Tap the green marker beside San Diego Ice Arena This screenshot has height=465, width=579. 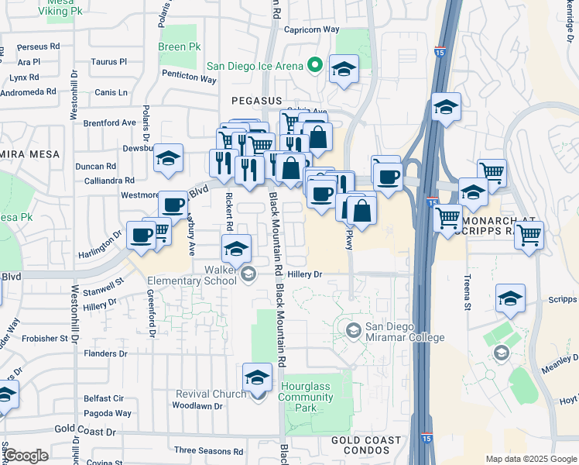coord(314,65)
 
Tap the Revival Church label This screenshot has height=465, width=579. coord(204,394)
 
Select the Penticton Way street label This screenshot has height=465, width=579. coord(189,78)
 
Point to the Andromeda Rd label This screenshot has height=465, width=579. coord(28,91)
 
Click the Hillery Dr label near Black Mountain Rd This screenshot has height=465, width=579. coord(304,274)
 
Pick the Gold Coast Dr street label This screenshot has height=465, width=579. coord(84,430)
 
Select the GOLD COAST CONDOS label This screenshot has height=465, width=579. coord(366,445)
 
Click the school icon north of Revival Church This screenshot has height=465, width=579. coord(258,377)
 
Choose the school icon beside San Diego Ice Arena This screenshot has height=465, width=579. coord(344,70)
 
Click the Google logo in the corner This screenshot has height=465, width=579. coord(26,456)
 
